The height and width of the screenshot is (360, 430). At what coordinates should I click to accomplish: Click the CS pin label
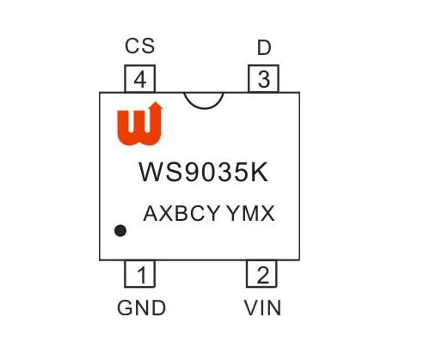pos(140,46)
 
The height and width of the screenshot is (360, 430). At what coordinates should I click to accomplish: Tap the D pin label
pos(264,47)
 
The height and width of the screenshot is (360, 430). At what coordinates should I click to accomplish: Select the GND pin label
pos(141,308)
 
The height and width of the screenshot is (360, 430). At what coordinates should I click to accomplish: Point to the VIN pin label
pos(262,308)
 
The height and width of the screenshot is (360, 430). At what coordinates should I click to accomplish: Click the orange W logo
pos(139,124)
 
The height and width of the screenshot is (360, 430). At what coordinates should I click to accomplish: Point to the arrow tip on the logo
pos(157,102)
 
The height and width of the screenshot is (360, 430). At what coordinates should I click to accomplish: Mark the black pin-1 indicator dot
pos(120,230)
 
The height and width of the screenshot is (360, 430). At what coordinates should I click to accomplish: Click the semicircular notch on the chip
pos(204,108)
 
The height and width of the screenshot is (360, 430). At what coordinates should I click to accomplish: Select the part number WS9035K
pos(204,172)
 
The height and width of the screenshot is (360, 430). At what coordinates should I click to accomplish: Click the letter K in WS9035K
pos(260,172)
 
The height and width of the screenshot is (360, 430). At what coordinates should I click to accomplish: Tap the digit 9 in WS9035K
pos(193,172)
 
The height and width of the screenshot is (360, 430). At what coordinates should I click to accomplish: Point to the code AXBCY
pos(181,213)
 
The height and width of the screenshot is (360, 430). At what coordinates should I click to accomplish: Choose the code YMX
pos(250,213)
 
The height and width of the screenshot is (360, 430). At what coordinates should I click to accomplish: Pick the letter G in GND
pos(125,308)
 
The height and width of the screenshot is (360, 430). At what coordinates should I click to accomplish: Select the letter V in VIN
pos(251,308)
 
